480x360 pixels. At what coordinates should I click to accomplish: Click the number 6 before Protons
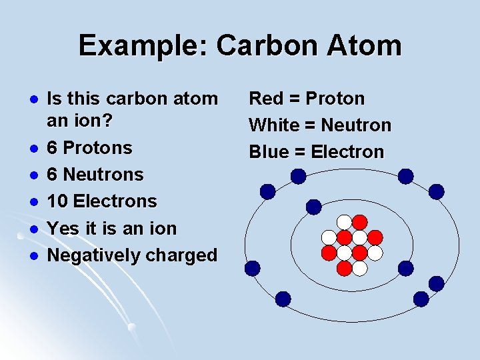[53, 147]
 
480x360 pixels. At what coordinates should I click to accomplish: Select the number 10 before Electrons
[58, 201]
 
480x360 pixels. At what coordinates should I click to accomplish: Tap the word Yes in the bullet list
[63, 229]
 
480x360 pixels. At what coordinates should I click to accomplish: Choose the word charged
[185, 255]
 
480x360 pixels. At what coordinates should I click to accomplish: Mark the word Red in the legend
[265, 99]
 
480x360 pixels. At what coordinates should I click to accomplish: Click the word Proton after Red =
[335, 99]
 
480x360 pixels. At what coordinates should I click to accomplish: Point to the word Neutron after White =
[356, 125]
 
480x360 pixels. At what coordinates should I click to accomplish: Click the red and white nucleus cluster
[352, 245]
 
